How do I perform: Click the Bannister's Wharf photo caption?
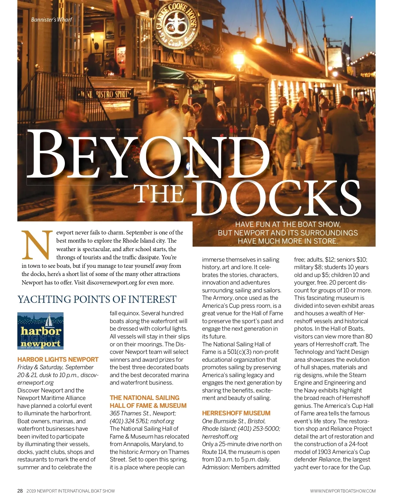(x=51, y=20)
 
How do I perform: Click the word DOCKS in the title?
(x=279, y=198)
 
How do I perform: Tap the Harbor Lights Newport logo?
(x=40, y=331)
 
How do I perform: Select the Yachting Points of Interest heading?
(x=97, y=299)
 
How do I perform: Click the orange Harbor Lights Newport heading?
(x=58, y=359)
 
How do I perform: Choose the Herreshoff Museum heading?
(x=236, y=413)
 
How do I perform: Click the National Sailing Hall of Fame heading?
(x=148, y=402)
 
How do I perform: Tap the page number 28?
(x=20, y=491)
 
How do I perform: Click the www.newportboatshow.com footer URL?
(x=343, y=491)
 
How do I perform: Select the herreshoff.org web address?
(x=220, y=436)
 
